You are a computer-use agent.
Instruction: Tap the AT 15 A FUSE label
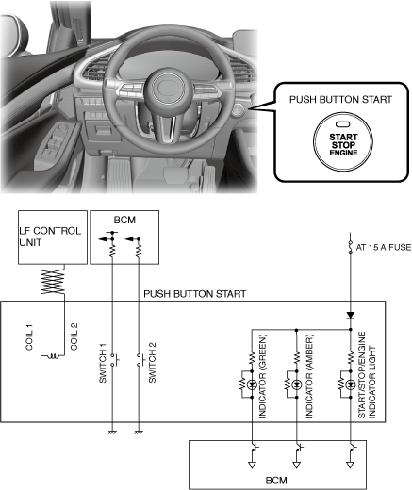(x=383, y=248)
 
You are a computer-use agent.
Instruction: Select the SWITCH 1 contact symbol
(x=114, y=360)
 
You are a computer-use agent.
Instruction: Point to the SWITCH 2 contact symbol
(x=140, y=360)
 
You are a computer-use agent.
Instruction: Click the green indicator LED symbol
(x=252, y=384)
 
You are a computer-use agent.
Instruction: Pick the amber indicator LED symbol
(x=297, y=384)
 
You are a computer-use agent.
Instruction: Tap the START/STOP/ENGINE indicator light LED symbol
(x=351, y=384)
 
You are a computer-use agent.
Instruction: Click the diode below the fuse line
(x=351, y=316)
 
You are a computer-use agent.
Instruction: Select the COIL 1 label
(x=29, y=337)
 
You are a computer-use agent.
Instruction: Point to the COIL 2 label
(x=74, y=336)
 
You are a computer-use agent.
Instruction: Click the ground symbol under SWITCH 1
(x=112, y=433)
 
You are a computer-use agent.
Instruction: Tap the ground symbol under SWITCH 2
(x=139, y=433)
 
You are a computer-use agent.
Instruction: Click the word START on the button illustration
(x=343, y=138)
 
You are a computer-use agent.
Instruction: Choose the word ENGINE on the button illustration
(x=343, y=153)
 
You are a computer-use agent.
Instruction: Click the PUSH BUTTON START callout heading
(x=340, y=100)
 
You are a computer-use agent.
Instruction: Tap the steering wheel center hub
(x=169, y=88)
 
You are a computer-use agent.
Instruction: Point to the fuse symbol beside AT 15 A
(x=351, y=248)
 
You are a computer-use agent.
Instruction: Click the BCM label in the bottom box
(x=276, y=481)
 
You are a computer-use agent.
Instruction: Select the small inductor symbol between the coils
(x=53, y=356)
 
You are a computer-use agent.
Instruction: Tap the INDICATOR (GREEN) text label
(x=262, y=376)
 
